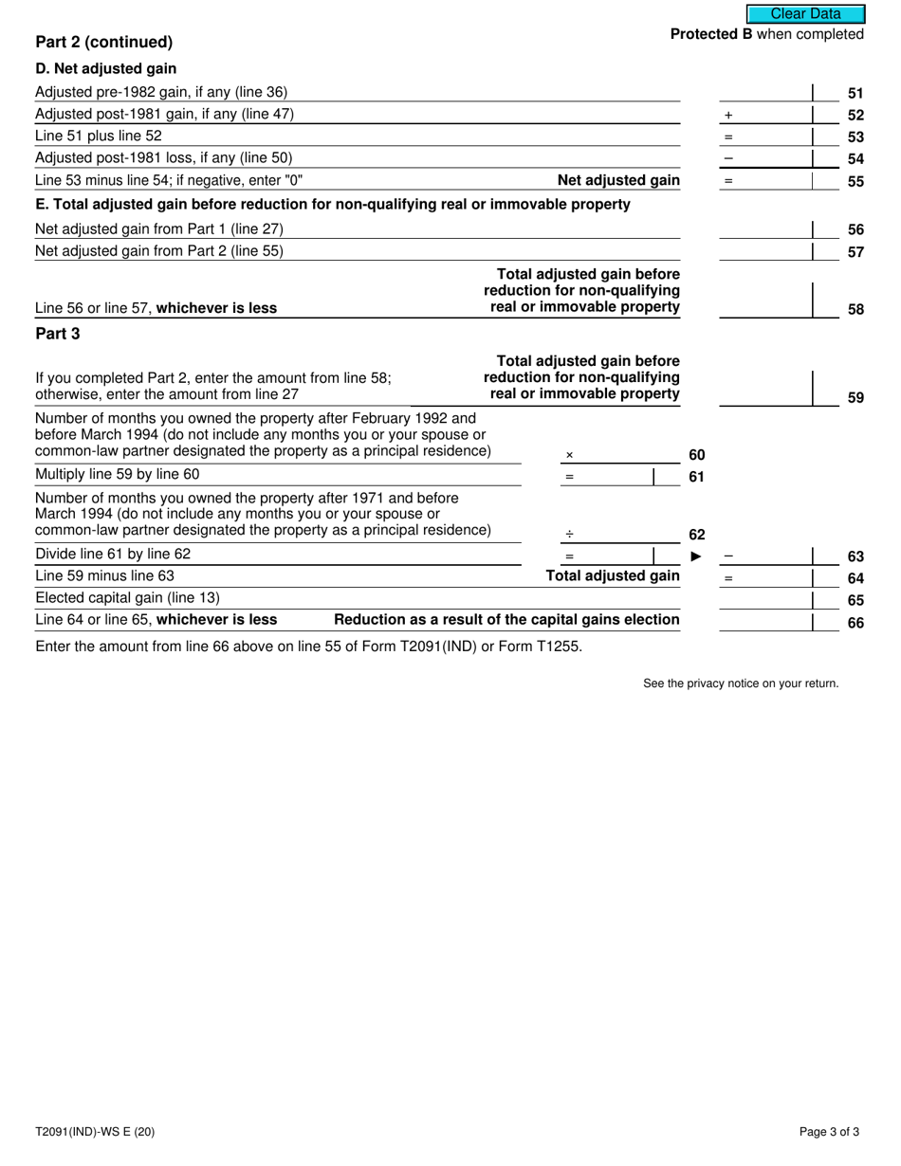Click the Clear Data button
(x=805, y=14)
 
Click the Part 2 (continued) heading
(x=104, y=42)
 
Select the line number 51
(x=855, y=93)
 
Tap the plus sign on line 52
(x=728, y=115)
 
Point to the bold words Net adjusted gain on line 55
(x=618, y=180)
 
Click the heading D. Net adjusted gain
(x=105, y=68)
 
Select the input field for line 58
(x=766, y=301)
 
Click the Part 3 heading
(x=58, y=334)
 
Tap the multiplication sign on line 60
(x=569, y=455)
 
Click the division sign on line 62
(x=569, y=534)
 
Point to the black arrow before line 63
(x=696, y=556)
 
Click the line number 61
(x=696, y=476)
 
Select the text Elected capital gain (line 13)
(x=127, y=598)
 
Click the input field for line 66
(x=766, y=621)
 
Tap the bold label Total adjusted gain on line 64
(x=613, y=575)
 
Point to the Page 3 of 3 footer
(x=829, y=1131)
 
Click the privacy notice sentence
(x=741, y=683)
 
